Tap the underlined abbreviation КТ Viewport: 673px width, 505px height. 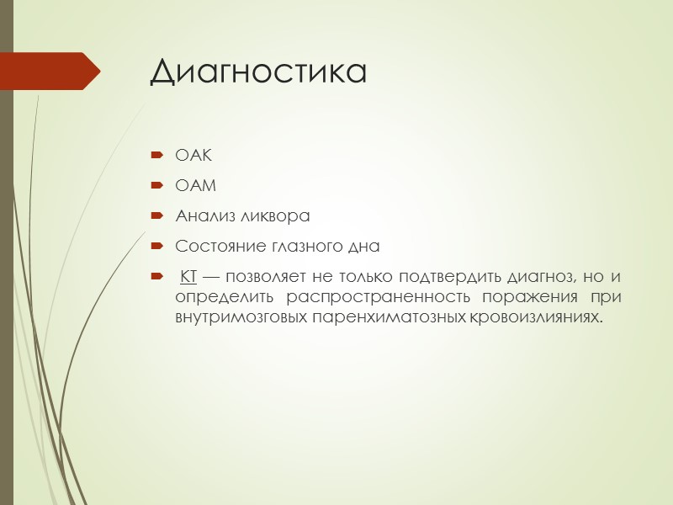pos(189,278)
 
